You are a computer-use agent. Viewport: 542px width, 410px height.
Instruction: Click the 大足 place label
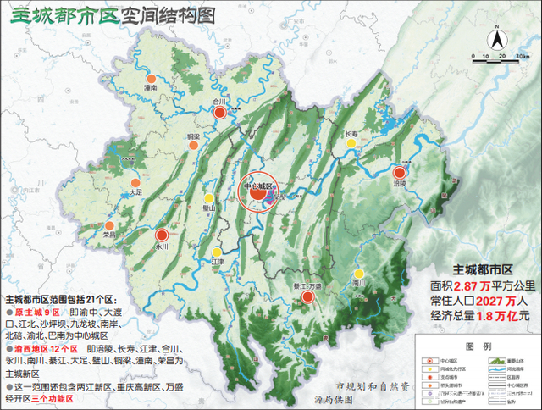click(137, 192)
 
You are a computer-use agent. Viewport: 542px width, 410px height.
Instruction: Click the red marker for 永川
click(162, 236)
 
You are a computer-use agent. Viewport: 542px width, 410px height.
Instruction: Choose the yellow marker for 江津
click(218, 252)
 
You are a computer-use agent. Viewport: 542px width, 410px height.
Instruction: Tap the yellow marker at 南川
click(359, 274)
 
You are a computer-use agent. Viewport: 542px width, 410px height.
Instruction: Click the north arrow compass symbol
click(500, 39)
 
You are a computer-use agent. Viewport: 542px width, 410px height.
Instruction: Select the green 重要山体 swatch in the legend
click(495, 358)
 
